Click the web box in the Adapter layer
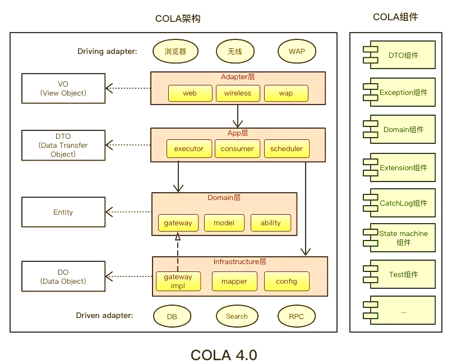point(190,93)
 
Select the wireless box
point(238,93)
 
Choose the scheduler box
point(287,149)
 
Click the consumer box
point(237,149)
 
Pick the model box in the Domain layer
point(224,223)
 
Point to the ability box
point(270,223)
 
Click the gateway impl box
point(178,281)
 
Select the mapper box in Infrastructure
point(234,281)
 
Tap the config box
point(286,281)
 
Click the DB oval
point(172,316)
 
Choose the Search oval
point(237,316)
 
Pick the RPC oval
point(296,316)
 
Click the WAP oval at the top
point(297,51)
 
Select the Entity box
point(63,212)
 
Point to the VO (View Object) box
point(63,88)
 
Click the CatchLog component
point(400,203)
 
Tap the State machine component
point(400,238)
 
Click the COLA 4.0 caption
point(224,355)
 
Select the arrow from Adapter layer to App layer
point(238,116)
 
